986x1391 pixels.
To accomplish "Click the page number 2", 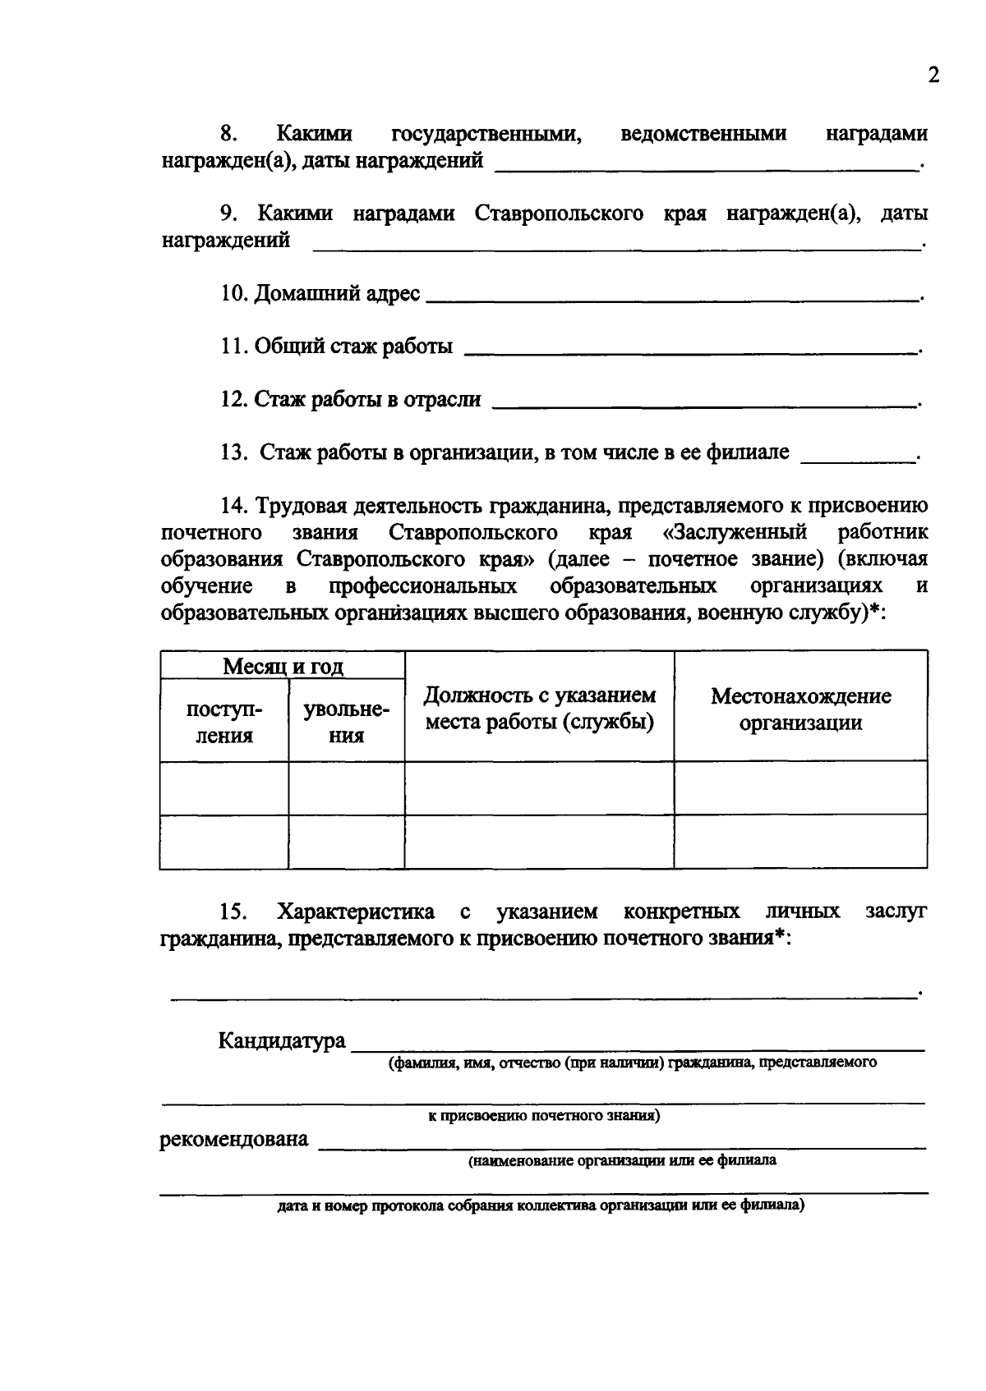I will point(933,76).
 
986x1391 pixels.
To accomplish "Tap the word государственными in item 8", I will point(486,133).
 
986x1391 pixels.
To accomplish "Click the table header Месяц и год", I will point(283,666).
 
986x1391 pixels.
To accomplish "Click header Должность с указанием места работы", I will point(539,709).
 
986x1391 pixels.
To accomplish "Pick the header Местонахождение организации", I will point(800,709).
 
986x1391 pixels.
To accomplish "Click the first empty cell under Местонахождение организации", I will point(800,787).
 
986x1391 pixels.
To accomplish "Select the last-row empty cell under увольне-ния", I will point(346,842).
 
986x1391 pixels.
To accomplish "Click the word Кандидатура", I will point(281,1041).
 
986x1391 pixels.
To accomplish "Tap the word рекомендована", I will point(234,1139).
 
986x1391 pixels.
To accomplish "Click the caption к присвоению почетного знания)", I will point(544,1116).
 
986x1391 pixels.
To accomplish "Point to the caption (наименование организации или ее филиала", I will point(622,1161).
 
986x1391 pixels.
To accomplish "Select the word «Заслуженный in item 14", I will point(735,532).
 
